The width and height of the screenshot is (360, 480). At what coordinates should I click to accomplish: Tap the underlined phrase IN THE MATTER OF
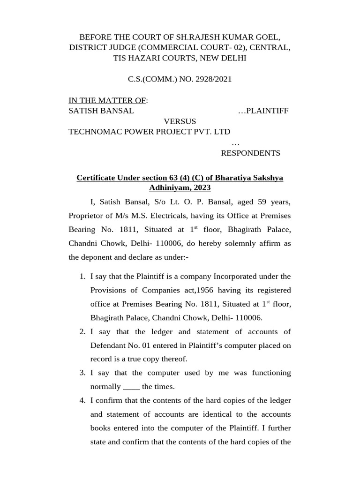pyautogui.click(x=107, y=100)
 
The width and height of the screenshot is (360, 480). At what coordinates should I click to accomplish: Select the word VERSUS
pyautogui.click(x=180, y=121)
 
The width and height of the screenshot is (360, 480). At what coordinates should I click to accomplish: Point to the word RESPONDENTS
pyautogui.click(x=250, y=153)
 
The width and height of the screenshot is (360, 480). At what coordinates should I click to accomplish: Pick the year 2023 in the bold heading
pyautogui.click(x=201, y=187)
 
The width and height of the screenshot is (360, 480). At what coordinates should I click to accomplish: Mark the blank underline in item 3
pyautogui.click(x=131, y=387)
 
